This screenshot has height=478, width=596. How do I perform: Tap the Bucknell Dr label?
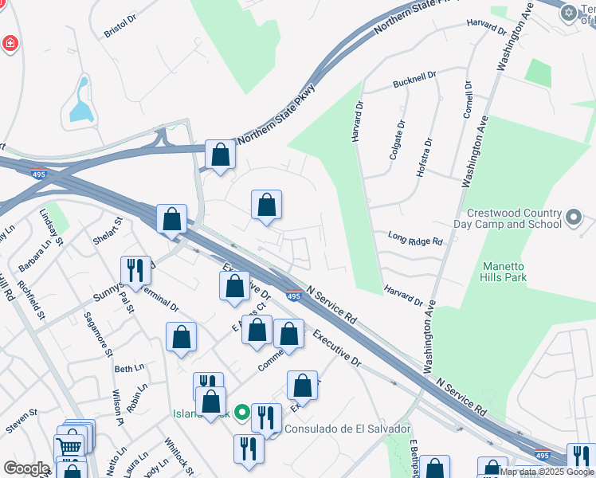pyautogui.click(x=415, y=80)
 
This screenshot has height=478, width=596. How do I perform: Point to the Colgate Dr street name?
pyautogui.click(x=397, y=140)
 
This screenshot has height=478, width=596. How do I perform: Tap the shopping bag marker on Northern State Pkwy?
pyautogui.click(x=220, y=155)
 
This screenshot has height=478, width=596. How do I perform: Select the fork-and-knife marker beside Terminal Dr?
pyautogui.click(x=135, y=271)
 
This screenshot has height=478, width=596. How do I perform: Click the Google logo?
pyautogui.click(x=25, y=468)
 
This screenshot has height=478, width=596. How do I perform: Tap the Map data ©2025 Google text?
pyautogui.click(x=547, y=472)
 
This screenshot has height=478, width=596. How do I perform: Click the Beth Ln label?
pyautogui.click(x=129, y=369)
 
